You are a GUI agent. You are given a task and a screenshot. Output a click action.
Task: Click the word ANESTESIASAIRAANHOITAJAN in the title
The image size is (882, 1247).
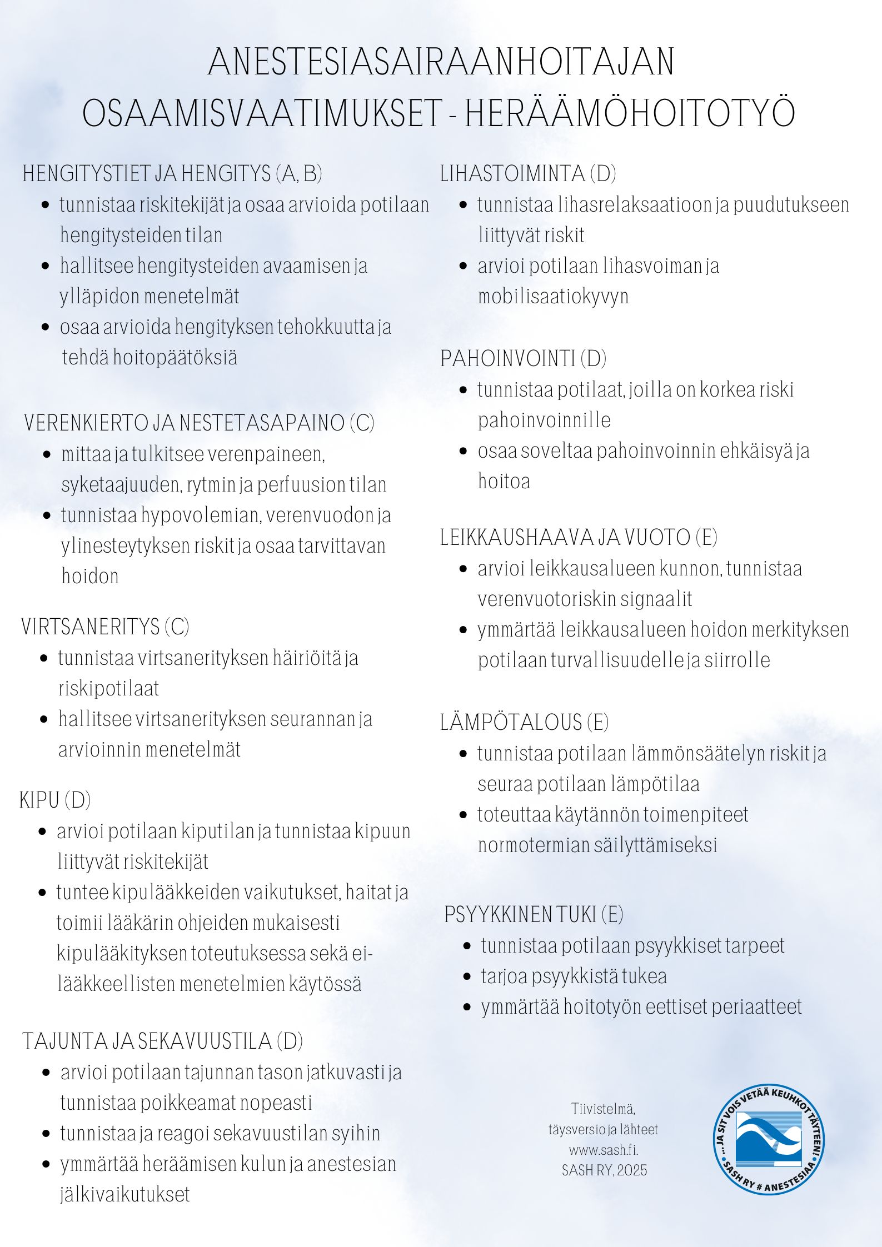(x=441, y=62)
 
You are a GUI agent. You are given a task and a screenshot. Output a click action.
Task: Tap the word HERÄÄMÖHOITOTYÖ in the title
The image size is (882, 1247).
(x=630, y=114)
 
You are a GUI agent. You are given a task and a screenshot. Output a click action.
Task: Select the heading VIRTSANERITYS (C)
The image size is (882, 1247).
(x=105, y=627)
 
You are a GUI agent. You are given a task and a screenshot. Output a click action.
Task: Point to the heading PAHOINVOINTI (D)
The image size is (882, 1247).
(x=523, y=359)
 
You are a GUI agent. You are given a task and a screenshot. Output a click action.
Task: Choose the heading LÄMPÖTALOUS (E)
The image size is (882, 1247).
(x=524, y=722)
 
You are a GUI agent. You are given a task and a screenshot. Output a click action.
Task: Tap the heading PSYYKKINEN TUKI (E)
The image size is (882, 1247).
(x=534, y=914)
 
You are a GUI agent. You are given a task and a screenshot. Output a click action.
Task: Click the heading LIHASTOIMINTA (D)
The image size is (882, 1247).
(x=528, y=174)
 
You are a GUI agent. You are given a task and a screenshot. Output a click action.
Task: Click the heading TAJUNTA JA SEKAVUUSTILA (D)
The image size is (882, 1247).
(x=162, y=1041)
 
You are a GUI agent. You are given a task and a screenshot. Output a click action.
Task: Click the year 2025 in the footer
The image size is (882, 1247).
(x=632, y=1170)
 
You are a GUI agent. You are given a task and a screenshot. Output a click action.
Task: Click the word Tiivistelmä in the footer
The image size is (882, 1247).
(x=604, y=1109)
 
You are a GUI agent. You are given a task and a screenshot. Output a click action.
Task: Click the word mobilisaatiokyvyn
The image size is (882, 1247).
(x=553, y=296)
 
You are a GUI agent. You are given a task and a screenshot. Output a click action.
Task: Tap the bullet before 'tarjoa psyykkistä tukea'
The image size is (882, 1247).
(x=467, y=976)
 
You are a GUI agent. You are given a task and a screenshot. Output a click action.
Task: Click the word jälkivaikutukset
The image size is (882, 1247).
(x=125, y=1194)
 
